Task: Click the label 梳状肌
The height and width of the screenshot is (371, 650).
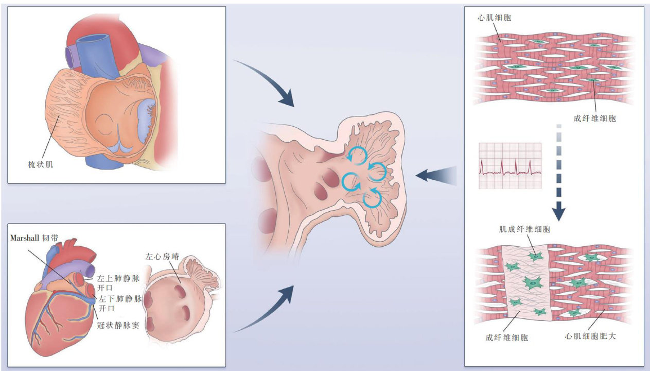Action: (x=40, y=165)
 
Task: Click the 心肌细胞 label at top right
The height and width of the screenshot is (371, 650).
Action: (x=494, y=18)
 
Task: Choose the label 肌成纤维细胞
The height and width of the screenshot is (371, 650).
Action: (x=524, y=229)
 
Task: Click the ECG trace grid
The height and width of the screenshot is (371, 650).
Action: (x=510, y=166)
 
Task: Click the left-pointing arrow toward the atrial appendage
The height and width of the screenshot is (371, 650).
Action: (x=435, y=176)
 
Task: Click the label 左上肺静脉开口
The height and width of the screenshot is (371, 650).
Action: (x=118, y=283)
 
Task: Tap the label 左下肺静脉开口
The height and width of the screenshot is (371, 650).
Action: (x=118, y=302)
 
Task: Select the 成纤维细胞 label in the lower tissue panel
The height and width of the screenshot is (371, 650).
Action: (x=506, y=338)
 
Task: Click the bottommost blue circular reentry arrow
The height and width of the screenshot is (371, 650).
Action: (x=373, y=199)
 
